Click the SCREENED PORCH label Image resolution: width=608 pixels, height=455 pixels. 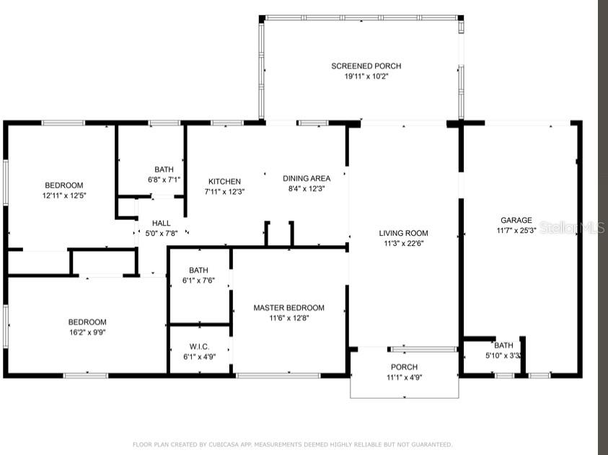coord(366,66)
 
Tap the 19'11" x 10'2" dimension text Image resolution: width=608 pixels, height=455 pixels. coord(366,76)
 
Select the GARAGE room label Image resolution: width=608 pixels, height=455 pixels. coord(516,220)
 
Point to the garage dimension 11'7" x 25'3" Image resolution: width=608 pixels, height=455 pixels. coord(516,230)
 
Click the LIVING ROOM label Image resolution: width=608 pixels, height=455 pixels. coord(404,233)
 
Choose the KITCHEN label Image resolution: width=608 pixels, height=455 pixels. coord(224,182)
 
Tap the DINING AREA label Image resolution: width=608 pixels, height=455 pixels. coord(307,178)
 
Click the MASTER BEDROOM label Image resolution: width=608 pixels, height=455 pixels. coord(289,308)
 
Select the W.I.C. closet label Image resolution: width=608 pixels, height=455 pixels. coord(199,347)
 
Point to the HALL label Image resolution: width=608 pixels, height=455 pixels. coord(162,224)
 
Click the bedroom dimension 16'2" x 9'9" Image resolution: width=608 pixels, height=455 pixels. coord(87,332)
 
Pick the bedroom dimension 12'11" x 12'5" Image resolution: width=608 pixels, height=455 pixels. coord(64,195)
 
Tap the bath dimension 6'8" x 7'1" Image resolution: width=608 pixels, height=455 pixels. coord(164,180)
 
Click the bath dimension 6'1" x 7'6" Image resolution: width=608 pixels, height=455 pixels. coord(198,280)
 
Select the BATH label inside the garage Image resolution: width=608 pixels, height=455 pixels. coord(503,345)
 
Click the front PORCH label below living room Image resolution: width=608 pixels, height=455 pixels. coord(404,367)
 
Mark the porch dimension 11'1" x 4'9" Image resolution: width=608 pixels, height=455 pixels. coord(405,377)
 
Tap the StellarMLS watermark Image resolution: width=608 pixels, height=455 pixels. coord(572,228)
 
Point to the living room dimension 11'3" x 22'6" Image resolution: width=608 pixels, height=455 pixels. coord(404,244)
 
